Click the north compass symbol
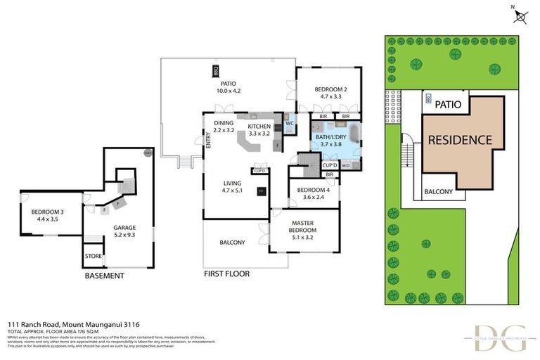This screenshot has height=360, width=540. click(519, 16)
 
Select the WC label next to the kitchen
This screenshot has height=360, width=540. click(289, 124)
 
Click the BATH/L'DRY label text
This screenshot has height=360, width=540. click(330, 139)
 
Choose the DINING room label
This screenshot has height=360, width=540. click(224, 126)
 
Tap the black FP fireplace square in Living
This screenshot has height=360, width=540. click(261, 191)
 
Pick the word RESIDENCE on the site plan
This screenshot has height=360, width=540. click(460, 139)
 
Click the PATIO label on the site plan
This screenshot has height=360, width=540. click(448, 104)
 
